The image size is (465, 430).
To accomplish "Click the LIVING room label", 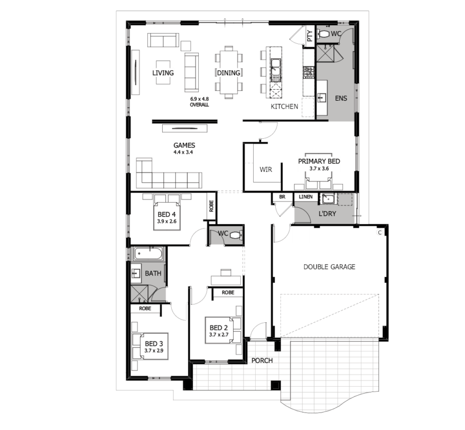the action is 163,73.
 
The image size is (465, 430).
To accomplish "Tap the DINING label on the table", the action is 228,73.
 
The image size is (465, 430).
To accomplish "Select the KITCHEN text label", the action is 284,107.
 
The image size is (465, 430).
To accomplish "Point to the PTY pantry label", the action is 310,36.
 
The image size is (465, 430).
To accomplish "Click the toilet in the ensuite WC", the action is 323,34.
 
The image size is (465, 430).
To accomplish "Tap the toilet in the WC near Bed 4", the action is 236,236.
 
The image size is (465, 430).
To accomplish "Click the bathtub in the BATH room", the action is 148,254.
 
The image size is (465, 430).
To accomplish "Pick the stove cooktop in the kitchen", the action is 309,72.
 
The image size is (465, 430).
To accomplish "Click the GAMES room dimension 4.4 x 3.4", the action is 183,152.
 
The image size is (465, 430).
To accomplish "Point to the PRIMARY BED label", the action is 319,161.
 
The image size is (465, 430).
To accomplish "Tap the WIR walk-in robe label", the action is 266,170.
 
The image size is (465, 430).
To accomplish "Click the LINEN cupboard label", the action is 305,197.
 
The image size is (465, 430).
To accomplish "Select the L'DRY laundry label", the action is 327,214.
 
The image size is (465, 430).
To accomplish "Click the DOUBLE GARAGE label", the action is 329,267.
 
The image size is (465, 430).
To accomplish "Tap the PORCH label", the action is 262,360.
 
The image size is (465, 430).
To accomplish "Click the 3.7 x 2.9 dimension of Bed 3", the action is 154,351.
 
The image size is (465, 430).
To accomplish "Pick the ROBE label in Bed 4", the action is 211,206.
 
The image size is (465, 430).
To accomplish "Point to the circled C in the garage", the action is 380,233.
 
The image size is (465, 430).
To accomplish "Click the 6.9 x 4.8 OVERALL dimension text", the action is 199,102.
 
